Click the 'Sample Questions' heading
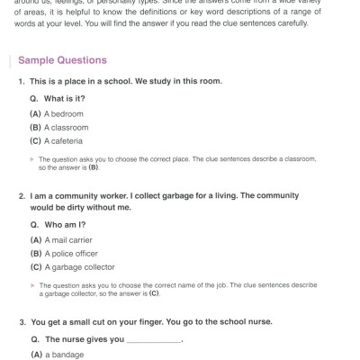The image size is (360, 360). click(68, 60)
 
